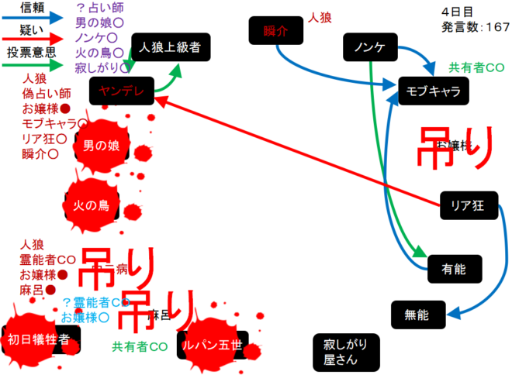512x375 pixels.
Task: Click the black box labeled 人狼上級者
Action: coord(170,47)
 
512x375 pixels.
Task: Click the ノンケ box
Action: coord(370,48)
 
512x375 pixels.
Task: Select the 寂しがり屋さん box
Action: coord(345,352)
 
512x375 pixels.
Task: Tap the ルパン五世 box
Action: coord(210,345)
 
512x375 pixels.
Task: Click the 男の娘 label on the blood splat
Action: coord(102,145)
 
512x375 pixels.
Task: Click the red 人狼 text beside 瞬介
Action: coord(320,16)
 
